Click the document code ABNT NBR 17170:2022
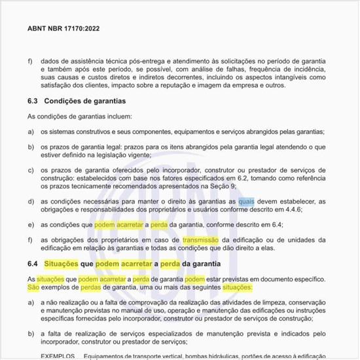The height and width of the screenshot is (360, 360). (x=63, y=29)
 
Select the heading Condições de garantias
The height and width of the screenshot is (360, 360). (x=84, y=101)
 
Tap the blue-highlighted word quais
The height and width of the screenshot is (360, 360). (x=246, y=202)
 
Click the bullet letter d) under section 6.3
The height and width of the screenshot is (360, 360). (x=30, y=202)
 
